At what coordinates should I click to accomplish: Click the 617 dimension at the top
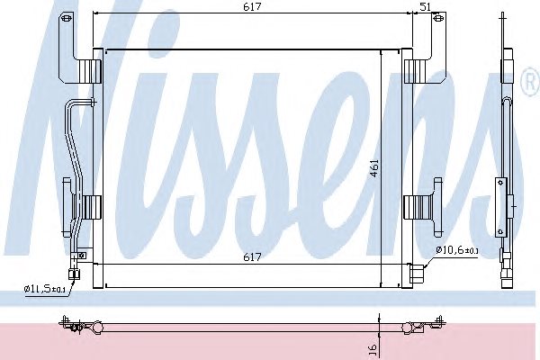(252, 6)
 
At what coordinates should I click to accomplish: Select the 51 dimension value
(426, 6)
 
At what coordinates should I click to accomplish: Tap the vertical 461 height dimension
(374, 167)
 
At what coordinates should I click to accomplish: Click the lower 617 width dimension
(252, 257)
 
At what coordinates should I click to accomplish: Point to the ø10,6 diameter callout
(456, 250)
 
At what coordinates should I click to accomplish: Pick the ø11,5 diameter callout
(45, 289)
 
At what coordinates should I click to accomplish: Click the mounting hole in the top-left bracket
(67, 17)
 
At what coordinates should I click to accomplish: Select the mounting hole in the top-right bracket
(438, 18)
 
